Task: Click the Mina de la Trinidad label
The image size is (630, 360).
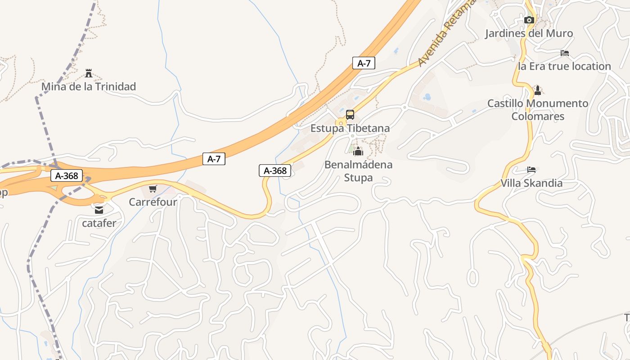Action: click(89, 86)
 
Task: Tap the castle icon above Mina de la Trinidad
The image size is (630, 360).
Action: click(89, 73)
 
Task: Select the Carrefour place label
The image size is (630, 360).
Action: click(153, 202)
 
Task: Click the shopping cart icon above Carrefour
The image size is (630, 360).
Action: click(153, 189)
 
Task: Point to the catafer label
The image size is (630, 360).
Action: click(99, 223)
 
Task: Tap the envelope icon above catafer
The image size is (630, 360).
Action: click(99, 210)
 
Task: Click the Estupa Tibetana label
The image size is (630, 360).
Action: click(350, 128)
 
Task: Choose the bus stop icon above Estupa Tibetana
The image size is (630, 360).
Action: click(350, 115)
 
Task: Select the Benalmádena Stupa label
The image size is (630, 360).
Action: click(358, 171)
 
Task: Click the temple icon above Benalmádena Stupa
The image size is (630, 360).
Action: click(358, 151)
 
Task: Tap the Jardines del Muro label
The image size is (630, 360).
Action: click(529, 33)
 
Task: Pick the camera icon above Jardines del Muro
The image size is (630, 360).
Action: click(529, 20)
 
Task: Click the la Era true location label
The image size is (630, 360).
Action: click(564, 66)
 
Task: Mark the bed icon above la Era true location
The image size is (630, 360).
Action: click(565, 53)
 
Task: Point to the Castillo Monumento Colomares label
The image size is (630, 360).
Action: click(538, 110)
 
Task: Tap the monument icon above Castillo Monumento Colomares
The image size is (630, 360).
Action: click(537, 90)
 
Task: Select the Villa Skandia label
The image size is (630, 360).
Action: click(531, 183)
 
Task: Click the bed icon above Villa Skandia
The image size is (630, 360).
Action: click(531, 170)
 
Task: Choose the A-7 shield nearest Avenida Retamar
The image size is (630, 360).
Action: click(364, 63)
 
